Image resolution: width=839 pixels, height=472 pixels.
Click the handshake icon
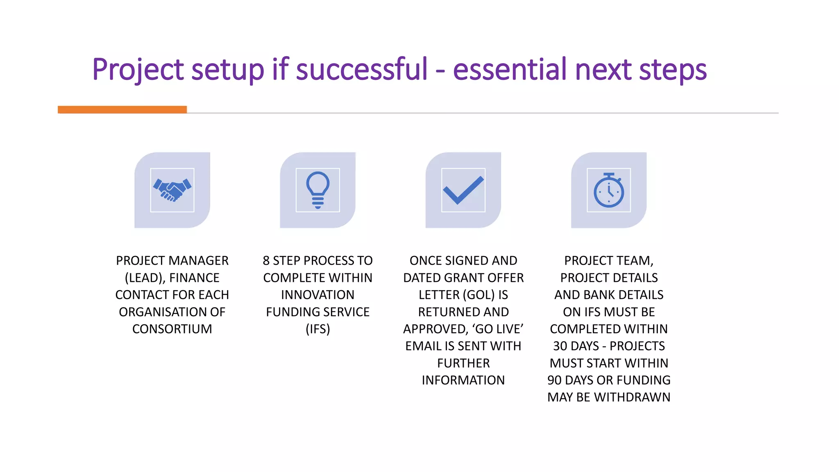(172, 190)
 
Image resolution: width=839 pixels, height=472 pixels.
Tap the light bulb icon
(317, 190)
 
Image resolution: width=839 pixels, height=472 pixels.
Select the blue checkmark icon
(463, 190)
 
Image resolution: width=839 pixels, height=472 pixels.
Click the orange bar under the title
(122, 109)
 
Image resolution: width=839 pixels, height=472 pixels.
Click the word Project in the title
(138, 70)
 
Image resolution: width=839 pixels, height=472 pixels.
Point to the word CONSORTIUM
(172, 329)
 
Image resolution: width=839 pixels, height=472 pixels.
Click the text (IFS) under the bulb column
(317, 329)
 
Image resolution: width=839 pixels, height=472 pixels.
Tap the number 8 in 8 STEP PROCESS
(266, 261)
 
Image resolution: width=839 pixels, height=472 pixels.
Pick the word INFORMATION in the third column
(463, 380)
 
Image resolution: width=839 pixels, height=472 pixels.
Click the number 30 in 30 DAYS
(560, 346)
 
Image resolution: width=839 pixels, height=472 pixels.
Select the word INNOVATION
(317, 295)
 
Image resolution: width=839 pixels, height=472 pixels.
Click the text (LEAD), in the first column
(145, 278)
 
